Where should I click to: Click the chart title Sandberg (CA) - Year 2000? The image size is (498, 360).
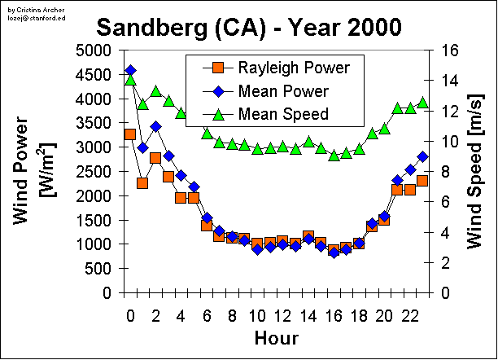[x=249, y=27]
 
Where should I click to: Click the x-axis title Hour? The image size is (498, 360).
[x=276, y=337]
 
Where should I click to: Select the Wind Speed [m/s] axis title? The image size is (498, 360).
[x=475, y=171]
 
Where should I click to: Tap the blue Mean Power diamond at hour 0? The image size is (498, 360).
[x=130, y=71]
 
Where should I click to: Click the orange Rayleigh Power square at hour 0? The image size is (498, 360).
[x=130, y=134]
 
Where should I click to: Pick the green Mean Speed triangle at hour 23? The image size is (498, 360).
[x=422, y=103]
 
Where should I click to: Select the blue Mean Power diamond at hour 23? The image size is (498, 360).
[x=422, y=156]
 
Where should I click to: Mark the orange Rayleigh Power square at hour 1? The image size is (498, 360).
[x=142, y=183]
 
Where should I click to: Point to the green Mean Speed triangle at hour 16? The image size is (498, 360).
[x=334, y=156]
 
